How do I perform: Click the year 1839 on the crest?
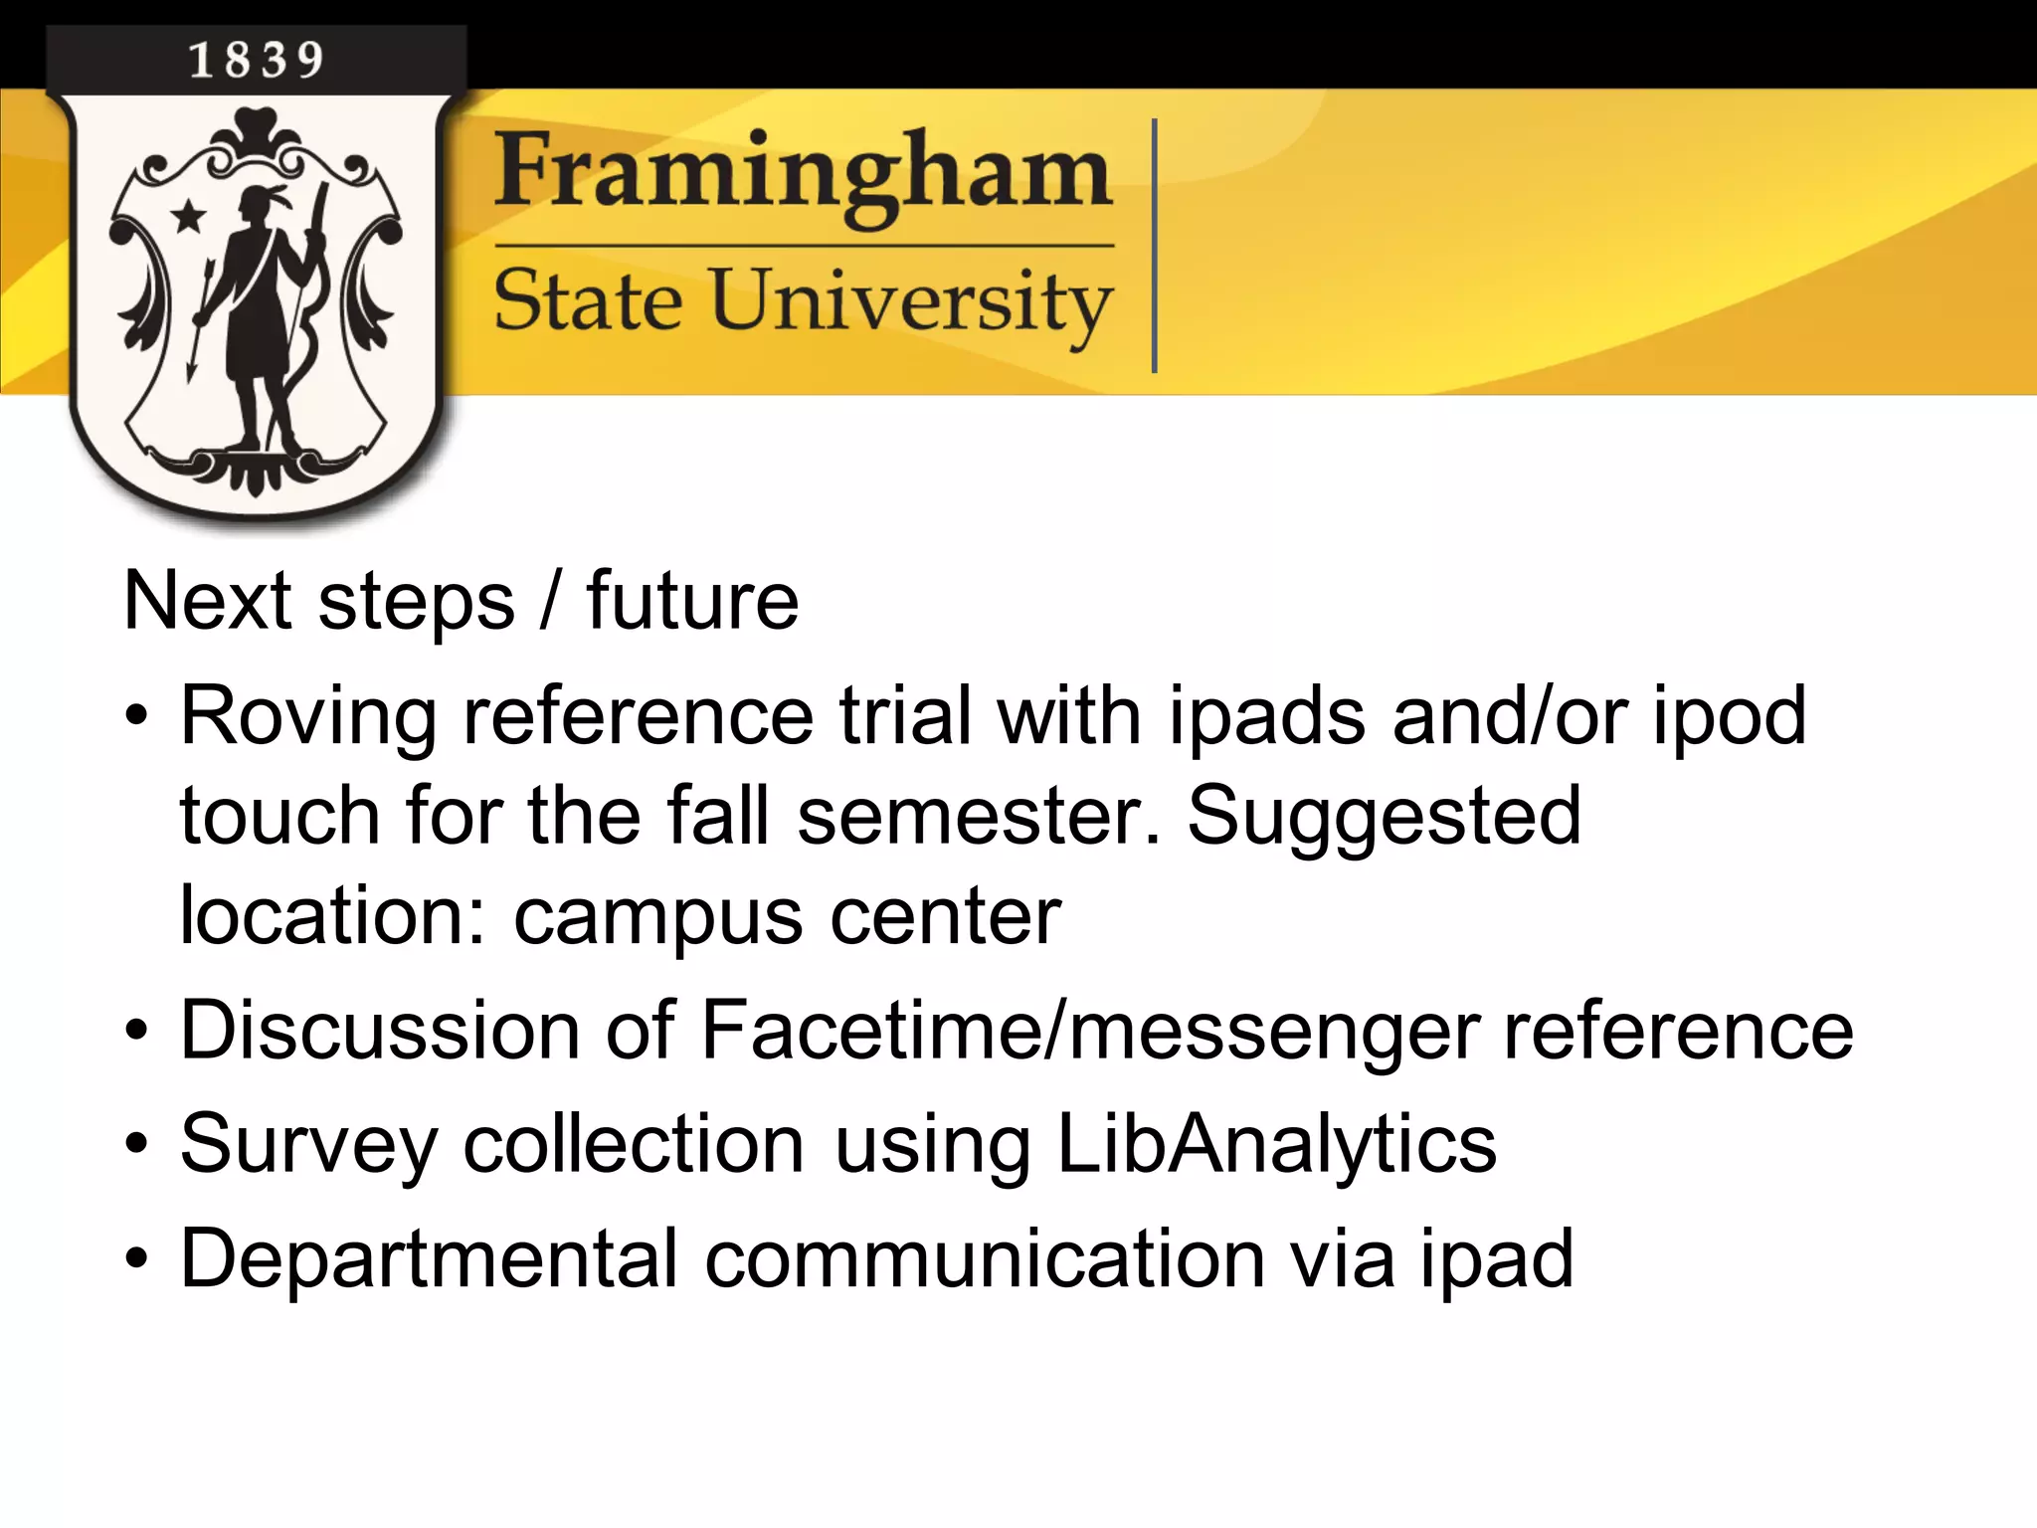[x=257, y=61]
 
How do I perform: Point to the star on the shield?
[x=187, y=215]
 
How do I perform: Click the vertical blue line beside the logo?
[x=1154, y=246]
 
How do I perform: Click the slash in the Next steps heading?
[x=550, y=602]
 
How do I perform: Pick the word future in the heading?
[x=692, y=602]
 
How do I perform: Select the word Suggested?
[x=1384, y=816]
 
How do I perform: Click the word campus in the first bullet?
[x=657, y=917]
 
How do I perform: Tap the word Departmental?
[x=429, y=1259]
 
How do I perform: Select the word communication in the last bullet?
[x=985, y=1259]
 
